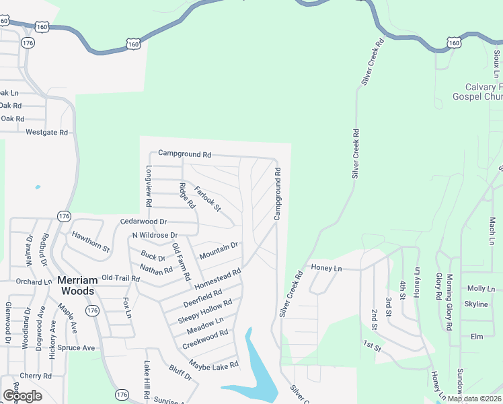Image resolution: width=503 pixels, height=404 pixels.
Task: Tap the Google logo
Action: tap(22, 395)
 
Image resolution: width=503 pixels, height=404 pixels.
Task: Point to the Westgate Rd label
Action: tap(47, 133)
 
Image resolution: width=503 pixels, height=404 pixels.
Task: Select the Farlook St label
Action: tap(208, 198)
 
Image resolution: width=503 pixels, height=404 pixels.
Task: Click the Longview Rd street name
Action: tap(149, 187)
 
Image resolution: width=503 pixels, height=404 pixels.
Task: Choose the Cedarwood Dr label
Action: tap(143, 221)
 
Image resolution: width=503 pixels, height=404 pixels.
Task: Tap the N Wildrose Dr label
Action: tap(155, 235)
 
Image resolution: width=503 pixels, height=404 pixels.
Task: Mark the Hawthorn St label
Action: tap(91, 241)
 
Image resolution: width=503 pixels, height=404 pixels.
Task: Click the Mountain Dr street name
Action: tap(219, 251)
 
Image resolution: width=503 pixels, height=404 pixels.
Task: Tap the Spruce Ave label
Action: tap(76, 348)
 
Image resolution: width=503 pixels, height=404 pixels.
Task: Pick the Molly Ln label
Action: tap(481, 288)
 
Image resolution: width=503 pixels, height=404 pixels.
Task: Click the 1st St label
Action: tap(373, 347)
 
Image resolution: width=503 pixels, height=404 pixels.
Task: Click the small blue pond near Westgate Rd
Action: tap(37, 187)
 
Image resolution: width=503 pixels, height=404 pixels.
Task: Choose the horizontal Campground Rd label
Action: tap(184, 154)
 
